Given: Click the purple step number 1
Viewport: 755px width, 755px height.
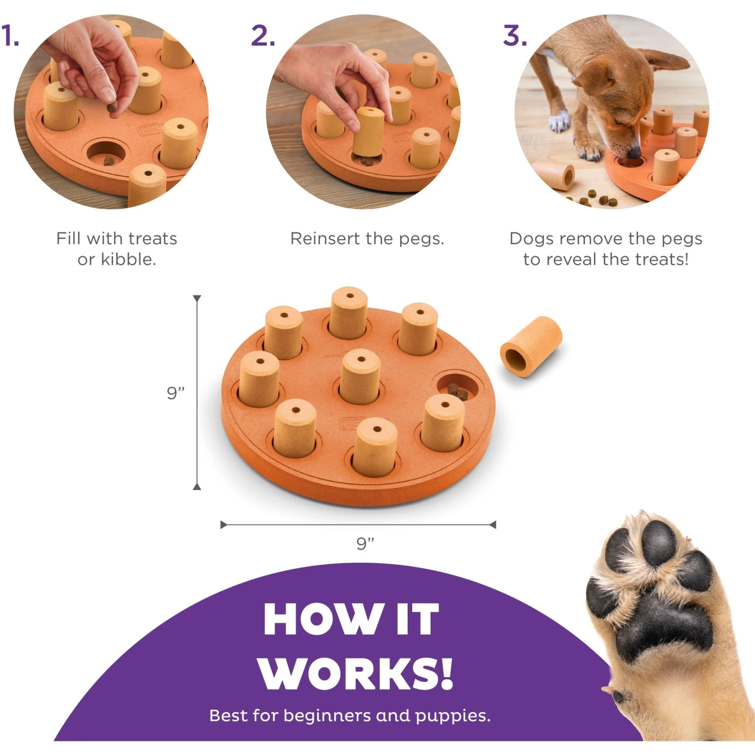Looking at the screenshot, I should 10,36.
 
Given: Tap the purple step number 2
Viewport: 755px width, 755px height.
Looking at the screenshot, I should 263,36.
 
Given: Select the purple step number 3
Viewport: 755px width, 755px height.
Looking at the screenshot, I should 515,36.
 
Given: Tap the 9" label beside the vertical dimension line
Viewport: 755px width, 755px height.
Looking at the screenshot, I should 176,393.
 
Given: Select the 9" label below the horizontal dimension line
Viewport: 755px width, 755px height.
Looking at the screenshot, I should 365,544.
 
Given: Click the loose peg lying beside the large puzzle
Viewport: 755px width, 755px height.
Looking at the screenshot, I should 531,346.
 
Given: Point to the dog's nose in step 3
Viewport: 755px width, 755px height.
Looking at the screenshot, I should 636,151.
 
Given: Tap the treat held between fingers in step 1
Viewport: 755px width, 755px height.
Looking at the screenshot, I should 112,107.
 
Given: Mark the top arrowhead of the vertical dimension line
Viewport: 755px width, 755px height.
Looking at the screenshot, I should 197,298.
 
